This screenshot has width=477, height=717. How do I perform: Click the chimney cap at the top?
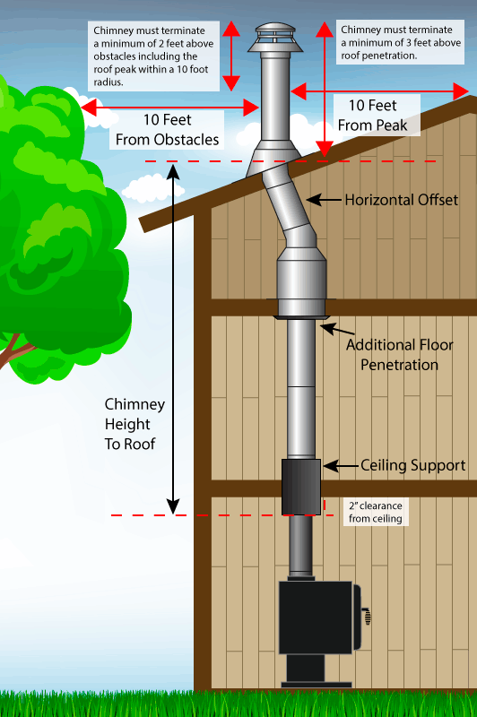pyautogui.click(x=275, y=38)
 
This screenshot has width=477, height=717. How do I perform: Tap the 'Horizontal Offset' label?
pyautogui.click(x=401, y=200)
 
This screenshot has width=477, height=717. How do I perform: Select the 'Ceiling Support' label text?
pyautogui.click(x=413, y=465)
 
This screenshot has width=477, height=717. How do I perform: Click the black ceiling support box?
pyautogui.click(x=301, y=487)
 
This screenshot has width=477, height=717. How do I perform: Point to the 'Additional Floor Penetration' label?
pyautogui.click(x=399, y=355)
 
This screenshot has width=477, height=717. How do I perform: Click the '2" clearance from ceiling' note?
pyautogui.click(x=376, y=512)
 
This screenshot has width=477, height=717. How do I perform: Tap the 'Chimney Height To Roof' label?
pyautogui.click(x=134, y=424)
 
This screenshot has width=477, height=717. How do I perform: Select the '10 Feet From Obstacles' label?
pyautogui.click(x=167, y=129)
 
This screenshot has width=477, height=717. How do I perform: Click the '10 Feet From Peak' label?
pyautogui.click(x=372, y=116)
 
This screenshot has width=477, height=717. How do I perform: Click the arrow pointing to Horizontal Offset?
pyautogui.click(x=325, y=200)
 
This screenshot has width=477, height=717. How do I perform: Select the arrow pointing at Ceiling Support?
pyautogui.click(x=341, y=466)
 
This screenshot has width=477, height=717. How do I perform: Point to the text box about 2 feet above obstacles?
pyautogui.click(x=153, y=56)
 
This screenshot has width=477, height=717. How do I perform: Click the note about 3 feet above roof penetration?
pyautogui.click(x=400, y=42)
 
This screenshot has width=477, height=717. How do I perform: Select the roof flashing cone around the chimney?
pyautogui.click(x=273, y=159)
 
